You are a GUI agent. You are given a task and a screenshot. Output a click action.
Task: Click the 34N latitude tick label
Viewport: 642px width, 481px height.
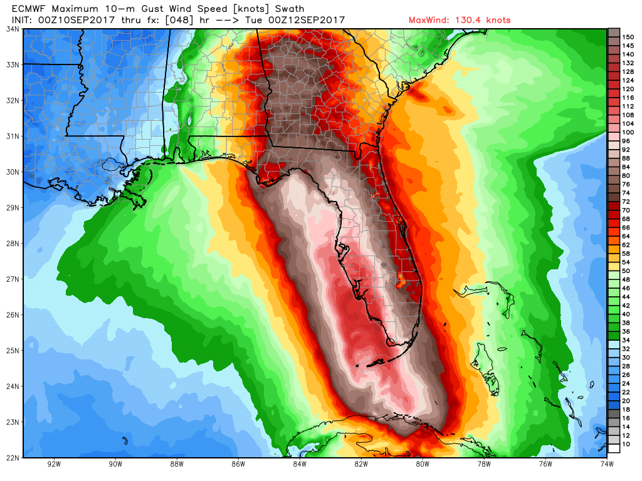click(12, 29)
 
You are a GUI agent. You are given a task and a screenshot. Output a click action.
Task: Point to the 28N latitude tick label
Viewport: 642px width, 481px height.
click(12, 243)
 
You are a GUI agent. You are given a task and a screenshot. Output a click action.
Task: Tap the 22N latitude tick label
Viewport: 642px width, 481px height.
click(12, 457)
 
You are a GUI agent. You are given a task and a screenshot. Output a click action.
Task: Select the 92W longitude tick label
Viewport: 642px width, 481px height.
click(54, 464)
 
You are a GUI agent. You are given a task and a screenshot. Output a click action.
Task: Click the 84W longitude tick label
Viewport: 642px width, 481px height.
click(299, 464)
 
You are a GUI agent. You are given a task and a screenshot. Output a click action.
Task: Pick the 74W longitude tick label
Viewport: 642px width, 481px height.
click(606, 464)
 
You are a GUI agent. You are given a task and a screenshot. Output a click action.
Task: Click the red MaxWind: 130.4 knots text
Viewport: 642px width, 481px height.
click(459, 20)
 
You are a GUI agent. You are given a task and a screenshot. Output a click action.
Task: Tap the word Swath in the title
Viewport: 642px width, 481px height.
click(289, 9)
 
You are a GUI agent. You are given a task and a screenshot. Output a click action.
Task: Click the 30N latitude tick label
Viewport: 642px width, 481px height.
click(12, 172)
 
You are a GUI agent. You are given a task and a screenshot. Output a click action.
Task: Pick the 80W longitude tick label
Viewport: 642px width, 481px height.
click(422, 464)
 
